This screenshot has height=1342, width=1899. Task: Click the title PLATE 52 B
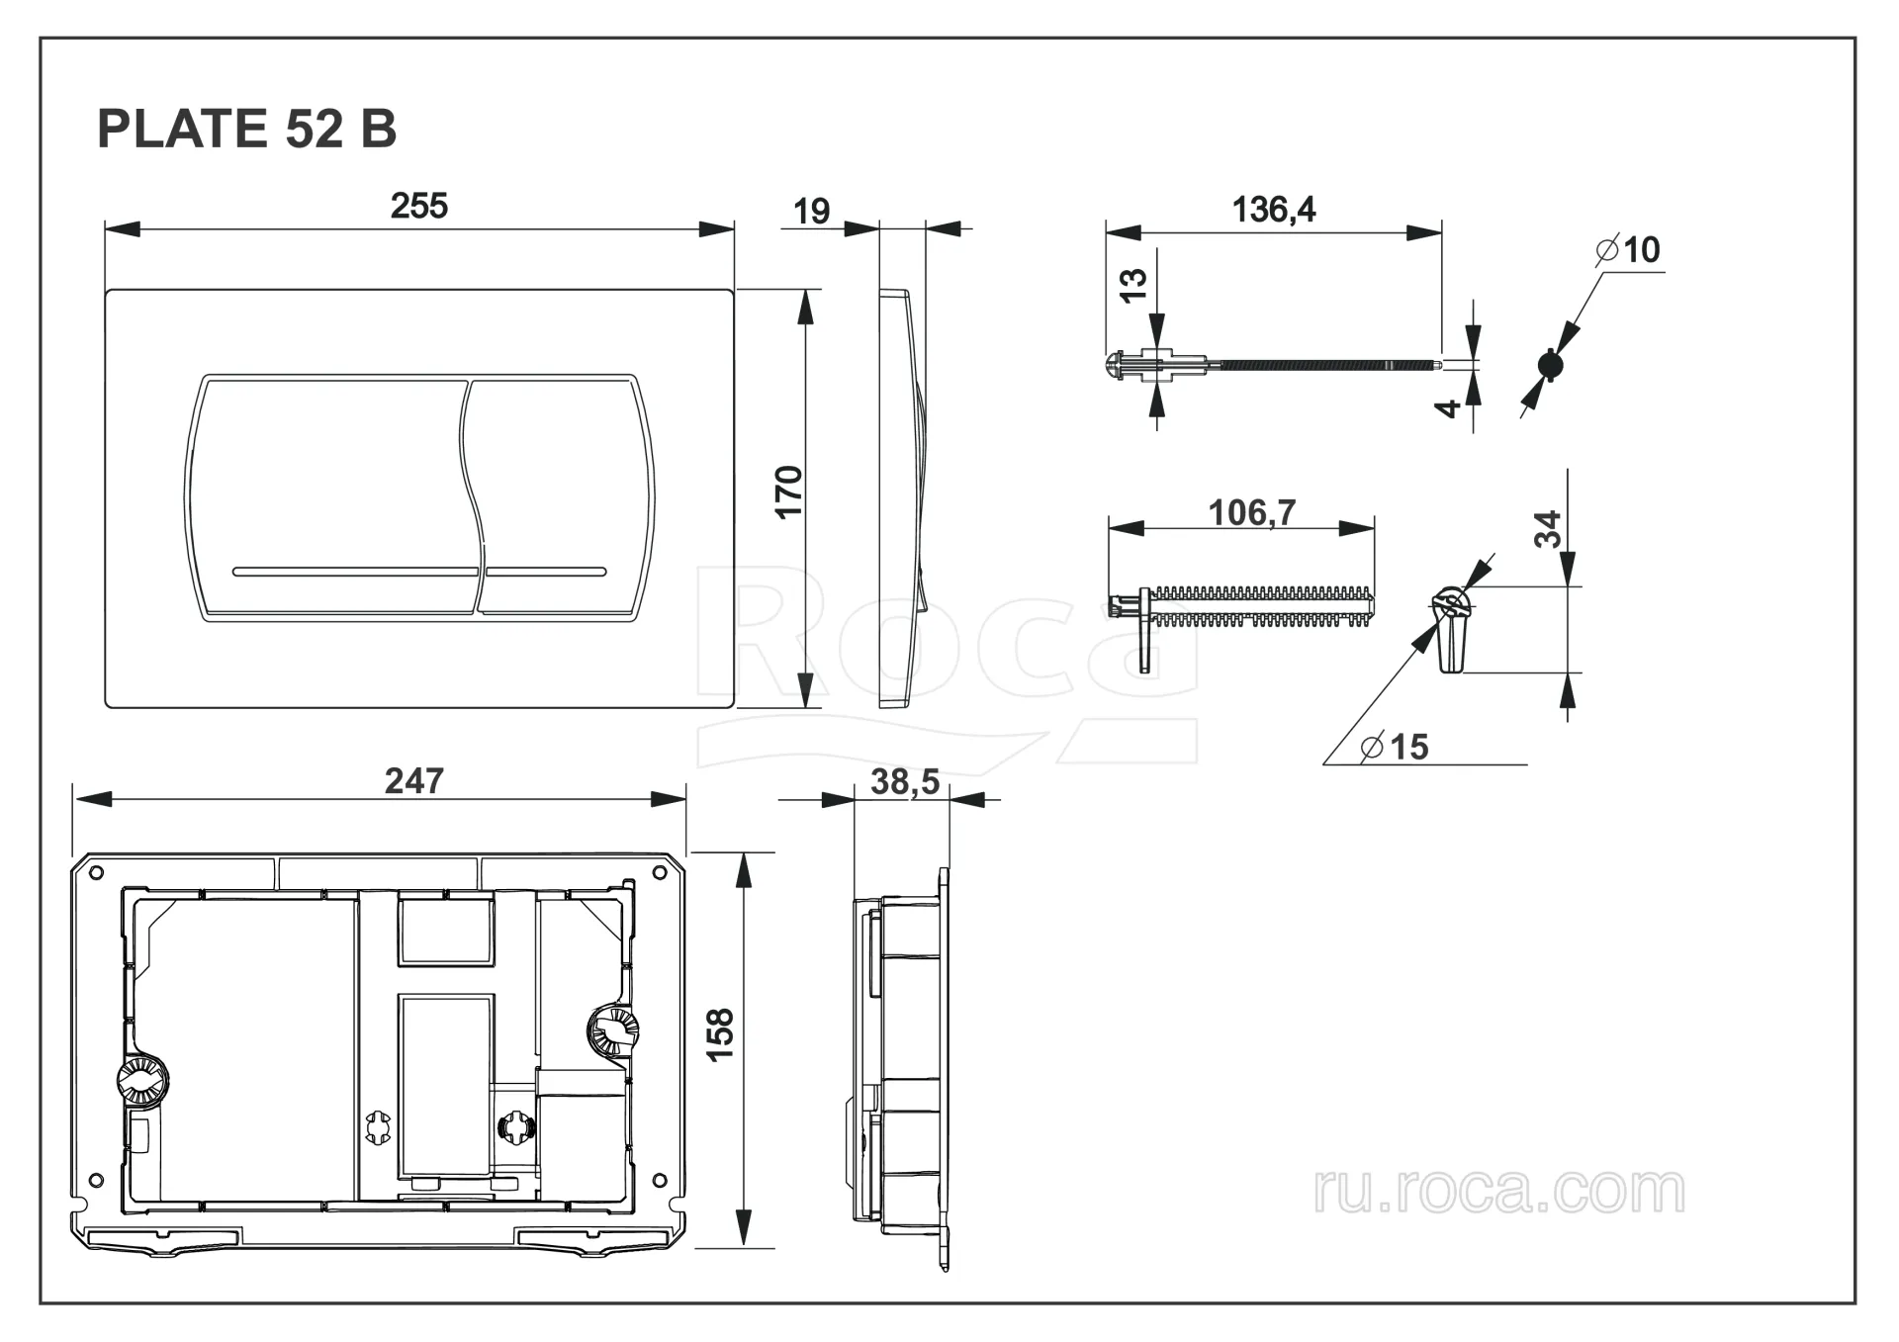(x=246, y=129)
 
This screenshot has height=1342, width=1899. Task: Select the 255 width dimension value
(x=418, y=206)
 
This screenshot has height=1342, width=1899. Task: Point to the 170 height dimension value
(x=788, y=491)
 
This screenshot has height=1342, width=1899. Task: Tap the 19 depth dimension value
(x=811, y=211)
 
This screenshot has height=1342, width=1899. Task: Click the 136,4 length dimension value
(x=1273, y=210)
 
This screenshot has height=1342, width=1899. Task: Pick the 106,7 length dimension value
(x=1251, y=512)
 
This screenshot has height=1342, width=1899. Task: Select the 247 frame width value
(x=413, y=781)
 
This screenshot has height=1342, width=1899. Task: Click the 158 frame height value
(x=720, y=1034)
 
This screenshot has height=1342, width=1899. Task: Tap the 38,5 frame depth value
(x=905, y=782)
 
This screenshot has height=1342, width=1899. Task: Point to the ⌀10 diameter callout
(x=1628, y=250)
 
